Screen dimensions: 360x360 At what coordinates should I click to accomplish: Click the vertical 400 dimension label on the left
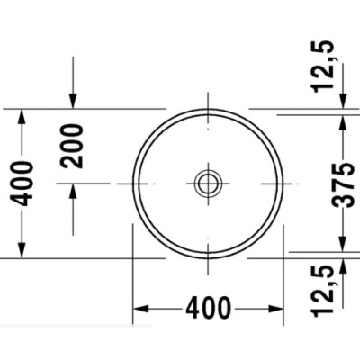27,183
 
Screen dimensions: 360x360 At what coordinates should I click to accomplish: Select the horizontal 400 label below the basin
208,308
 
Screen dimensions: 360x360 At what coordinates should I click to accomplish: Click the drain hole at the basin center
208,184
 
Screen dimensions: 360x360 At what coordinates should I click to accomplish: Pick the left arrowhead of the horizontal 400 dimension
139,308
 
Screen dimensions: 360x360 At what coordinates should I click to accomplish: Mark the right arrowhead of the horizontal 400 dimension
277,308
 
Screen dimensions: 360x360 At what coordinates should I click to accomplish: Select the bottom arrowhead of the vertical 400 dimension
27,252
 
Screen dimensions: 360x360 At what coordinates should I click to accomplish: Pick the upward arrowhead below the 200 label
73,190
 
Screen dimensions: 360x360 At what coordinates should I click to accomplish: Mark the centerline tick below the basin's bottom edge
208,264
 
